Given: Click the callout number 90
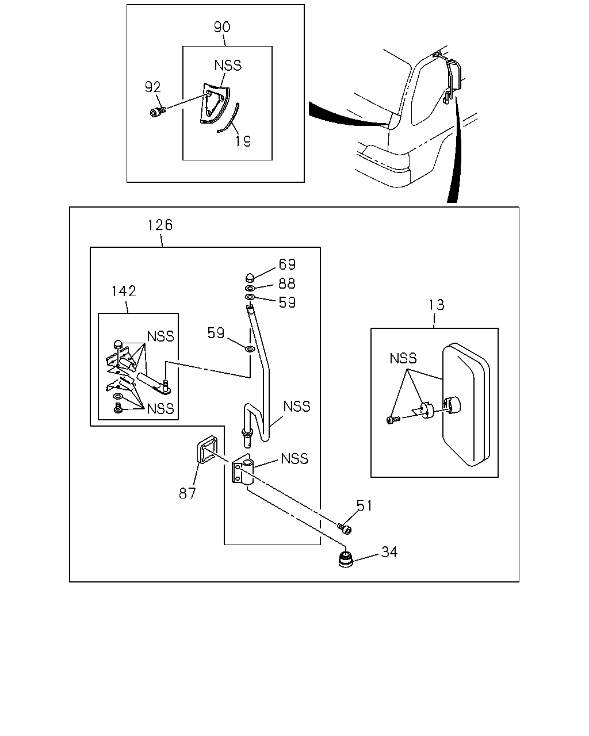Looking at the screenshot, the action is coord(222,27).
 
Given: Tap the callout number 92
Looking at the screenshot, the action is coord(152,87).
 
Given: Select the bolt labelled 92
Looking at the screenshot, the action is coord(158,112).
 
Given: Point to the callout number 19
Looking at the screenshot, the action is coord(243,141).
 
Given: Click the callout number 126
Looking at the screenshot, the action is coord(160,225).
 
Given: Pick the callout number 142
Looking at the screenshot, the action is coord(124,292).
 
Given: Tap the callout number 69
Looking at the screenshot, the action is coord(287,264).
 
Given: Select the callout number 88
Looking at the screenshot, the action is coord(287,283).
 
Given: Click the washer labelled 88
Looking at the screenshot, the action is coord(250,288).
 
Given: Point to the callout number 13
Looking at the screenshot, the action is coord(437,305).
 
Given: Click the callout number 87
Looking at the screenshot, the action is coord(187,493).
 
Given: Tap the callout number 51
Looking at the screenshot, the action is coord(364,505).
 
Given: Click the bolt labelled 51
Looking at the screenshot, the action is coord(345,529).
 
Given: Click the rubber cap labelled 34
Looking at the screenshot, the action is coord(346,559).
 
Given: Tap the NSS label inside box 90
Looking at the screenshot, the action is coord(228,66).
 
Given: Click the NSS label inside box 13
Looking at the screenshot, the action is coord(403,358).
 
